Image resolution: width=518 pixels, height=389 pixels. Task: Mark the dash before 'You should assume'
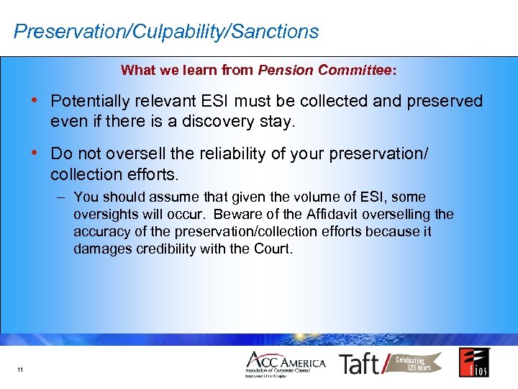pos(62,197)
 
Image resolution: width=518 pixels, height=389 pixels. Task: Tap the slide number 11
pos(19,370)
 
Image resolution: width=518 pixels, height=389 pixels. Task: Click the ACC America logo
pos(285,364)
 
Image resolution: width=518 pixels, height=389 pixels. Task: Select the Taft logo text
pos(359,364)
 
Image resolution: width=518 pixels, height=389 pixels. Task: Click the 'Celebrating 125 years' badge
pos(415,363)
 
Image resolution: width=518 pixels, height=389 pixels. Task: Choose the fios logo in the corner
pos(474,362)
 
